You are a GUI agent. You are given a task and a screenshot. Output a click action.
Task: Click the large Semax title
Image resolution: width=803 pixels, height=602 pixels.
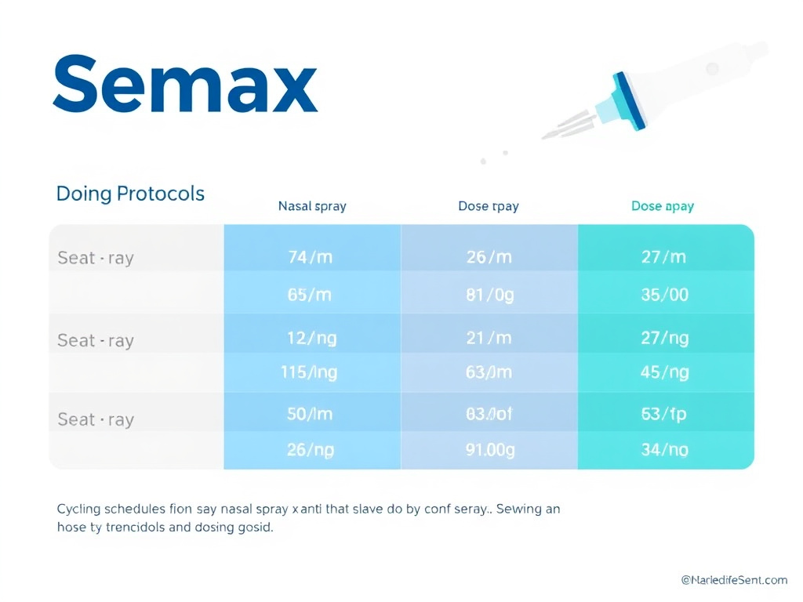coord(185,84)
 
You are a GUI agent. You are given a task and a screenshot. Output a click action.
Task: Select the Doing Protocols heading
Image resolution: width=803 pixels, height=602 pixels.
coord(130,194)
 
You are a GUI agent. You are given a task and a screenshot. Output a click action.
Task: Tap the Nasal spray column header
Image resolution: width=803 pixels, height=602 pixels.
coord(312,207)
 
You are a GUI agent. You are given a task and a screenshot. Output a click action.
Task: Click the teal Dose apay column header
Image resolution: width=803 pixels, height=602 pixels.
coord(663,207)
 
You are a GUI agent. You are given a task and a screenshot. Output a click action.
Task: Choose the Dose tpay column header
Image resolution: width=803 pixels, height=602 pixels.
coord(489,207)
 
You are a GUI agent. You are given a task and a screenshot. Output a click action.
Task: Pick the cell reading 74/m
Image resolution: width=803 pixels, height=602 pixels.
coord(311,257)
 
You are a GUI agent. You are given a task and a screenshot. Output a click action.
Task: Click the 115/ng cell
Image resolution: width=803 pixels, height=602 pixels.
coord(309,373)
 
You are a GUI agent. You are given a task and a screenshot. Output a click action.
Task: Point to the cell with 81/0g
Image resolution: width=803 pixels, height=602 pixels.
coord(489,296)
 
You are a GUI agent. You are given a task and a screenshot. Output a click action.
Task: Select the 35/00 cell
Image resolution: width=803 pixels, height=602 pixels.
coord(663,296)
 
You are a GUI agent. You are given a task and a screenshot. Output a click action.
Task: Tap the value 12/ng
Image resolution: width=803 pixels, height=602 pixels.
coord(311,338)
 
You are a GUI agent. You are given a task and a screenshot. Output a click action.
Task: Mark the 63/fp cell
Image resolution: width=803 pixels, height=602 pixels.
coord(663,414)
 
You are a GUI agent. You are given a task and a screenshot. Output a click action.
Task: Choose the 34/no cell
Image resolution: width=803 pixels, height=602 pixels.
coord(663,450)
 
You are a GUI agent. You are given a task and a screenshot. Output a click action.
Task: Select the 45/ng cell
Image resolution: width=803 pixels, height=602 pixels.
coord(663,373)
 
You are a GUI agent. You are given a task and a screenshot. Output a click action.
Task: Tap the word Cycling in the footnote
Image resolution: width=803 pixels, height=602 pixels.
coord(79,509)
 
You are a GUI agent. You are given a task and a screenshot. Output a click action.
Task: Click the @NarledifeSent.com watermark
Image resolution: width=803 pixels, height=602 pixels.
coord(733,580)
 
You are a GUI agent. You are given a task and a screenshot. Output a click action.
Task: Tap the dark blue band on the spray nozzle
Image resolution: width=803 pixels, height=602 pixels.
coord(630,100)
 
